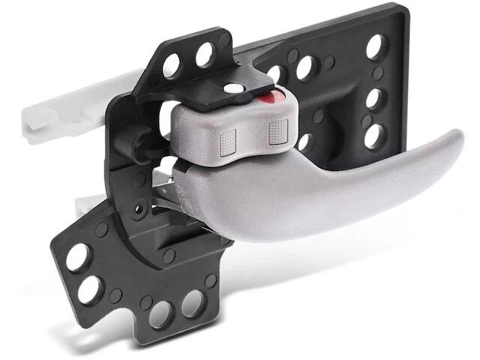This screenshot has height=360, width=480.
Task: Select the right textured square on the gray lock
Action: (276, 133)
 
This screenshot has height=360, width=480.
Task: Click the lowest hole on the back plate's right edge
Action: (373, 135)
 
